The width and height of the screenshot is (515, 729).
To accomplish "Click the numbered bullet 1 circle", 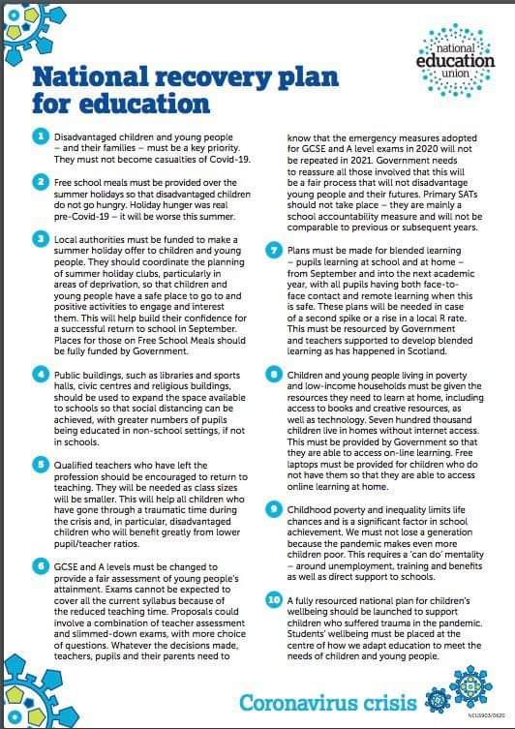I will pyautogui.click(x=42, y=137).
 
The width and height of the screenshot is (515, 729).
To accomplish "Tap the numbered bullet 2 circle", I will pyautogui.click(x=42, y=181).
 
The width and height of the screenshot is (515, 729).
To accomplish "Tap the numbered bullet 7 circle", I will pyautogui.click(x=274, y=249).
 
